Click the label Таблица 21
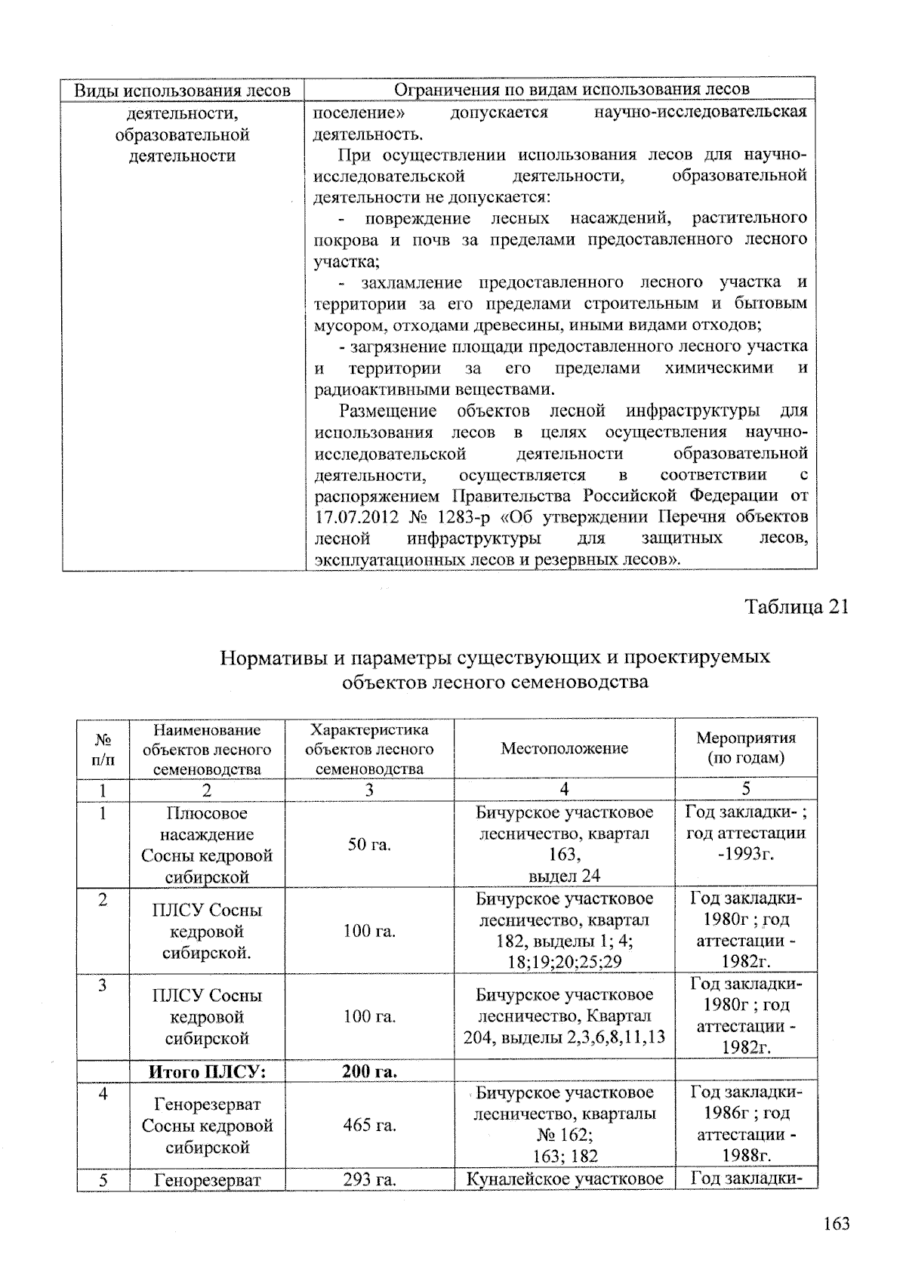point(797,607)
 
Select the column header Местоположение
point(564,748)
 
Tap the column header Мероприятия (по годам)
point(745,747)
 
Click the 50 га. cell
point(369,844)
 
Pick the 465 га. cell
point(369,1126)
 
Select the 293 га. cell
point(369,1179)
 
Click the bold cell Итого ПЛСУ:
point(206,1071)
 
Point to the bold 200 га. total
point(369,1071)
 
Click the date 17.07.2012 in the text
point(354,518)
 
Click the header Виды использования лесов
point(183,90)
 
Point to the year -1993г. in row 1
point(745,854)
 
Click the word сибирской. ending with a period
point(207,953)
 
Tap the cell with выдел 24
point(564,876)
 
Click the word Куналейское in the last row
point(516,1179)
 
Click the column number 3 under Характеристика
point(369,790)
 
